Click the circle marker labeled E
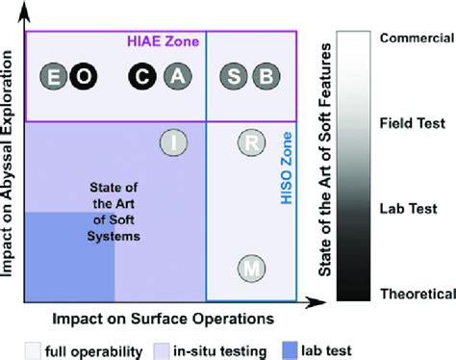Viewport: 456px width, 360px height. click(x=54, y=76)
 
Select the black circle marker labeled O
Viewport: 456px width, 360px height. click(x=84, y=76)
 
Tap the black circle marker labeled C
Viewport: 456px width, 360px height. click(x=142, y=76)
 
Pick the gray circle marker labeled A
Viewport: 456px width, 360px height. click(x=178, y=76)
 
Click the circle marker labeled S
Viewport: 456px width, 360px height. click(x=234, y=76)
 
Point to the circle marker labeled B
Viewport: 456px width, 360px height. click(x=266, y=76)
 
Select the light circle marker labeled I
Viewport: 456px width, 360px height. click(x=174, y=142)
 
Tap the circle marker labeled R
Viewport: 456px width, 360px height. click(x=251, y=142)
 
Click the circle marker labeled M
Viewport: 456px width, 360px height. click(x=251, y=269)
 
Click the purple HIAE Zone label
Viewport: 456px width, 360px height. click(x=164, y=41)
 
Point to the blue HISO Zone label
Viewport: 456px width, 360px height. click(x=287, y=168)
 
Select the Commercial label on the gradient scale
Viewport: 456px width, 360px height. click(x=417, y=38)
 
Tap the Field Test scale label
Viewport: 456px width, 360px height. click(x=413, y=123)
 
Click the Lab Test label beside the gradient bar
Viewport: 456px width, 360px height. click(x=408, y=209)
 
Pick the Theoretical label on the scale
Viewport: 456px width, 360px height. click(x=418, y=294)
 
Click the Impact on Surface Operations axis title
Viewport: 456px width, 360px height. click(x=164, y=319)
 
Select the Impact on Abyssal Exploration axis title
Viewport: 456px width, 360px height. click(x=7, y=164)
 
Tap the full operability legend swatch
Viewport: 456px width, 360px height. click(x=33, y=350)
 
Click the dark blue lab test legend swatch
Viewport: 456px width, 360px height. click(x=290, y=350)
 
